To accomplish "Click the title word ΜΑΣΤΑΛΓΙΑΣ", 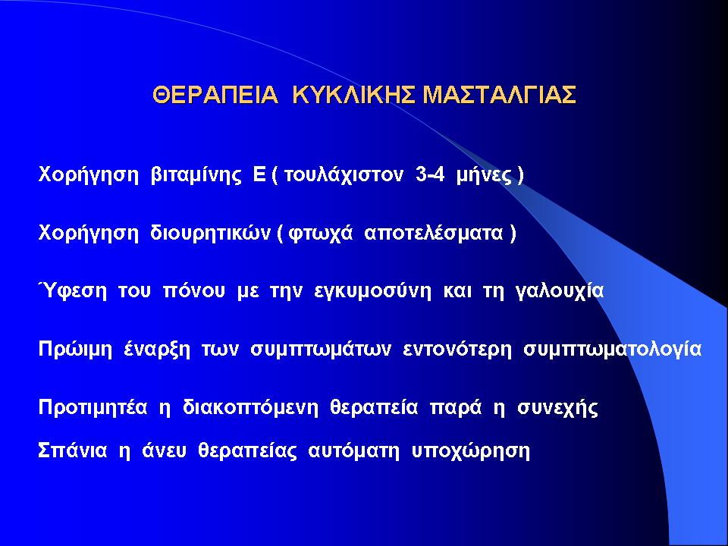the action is click(500, 96).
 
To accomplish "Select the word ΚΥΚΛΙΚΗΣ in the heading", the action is click(355, 96).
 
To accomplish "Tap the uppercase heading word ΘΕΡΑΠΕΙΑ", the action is click(215, 96).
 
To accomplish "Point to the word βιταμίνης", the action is click(196, 175).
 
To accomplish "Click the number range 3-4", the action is click(431, 175).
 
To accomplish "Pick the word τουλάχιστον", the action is click(343, 175).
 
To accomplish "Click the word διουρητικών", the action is click(210, 233).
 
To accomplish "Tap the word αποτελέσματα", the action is click(434, 233).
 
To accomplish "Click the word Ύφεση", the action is click(73, 291).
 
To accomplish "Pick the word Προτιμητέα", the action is click(93, 407).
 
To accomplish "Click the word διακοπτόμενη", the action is click(250, 407).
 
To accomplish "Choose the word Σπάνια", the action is click(73, 450).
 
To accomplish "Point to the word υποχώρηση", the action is click(471, 451).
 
